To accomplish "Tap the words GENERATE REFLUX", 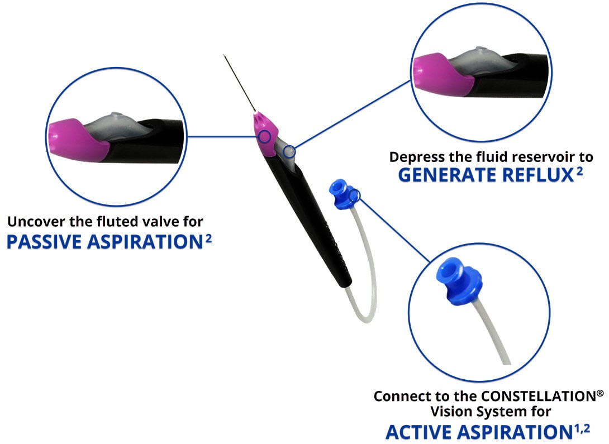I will point(485,175).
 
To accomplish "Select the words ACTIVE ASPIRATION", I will point(474,432).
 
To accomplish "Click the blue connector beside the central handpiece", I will point(342,191).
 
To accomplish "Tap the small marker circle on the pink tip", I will point(265,136).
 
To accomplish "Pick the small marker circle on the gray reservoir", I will point(288,150).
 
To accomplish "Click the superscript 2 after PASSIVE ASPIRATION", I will point(208,237).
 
